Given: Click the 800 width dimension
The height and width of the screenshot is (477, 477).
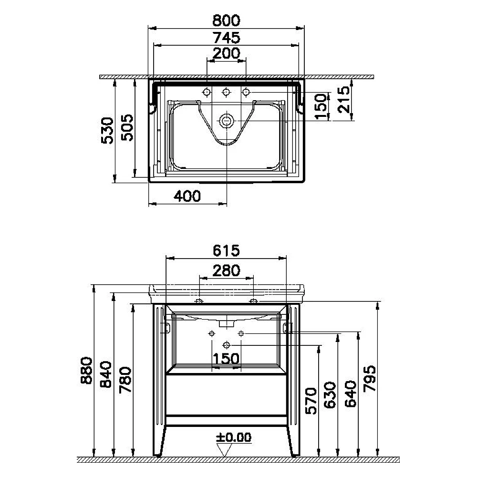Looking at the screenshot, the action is pos(226,21).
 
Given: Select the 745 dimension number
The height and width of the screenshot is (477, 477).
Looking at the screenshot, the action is pos(226,38).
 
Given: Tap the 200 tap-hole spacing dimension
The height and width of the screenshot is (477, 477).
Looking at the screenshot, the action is pos(226,53).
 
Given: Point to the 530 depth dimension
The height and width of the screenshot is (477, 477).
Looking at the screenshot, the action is pos(107,130).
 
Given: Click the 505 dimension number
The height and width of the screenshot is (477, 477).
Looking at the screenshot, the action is pos(127,127).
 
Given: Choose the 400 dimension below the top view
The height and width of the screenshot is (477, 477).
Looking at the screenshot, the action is pos(187,196).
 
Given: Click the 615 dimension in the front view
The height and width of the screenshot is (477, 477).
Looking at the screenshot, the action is pos(226,250).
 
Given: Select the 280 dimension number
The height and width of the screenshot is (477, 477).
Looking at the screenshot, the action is pos(226,270).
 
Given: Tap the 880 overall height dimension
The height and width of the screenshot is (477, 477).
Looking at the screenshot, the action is pos(87,371).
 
